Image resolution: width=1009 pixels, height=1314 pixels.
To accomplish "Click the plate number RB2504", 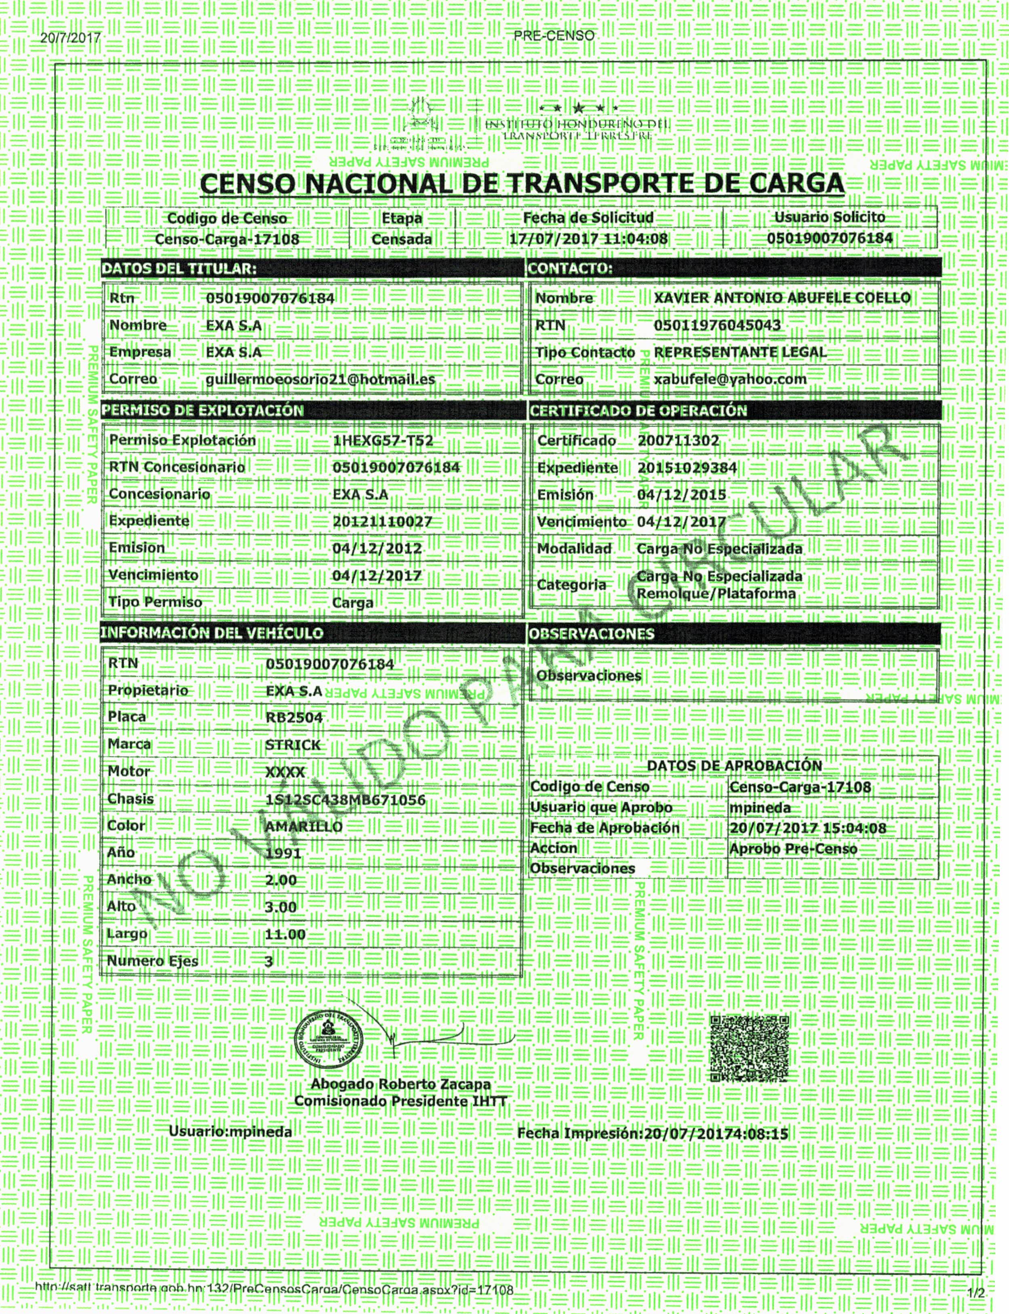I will point(294,717).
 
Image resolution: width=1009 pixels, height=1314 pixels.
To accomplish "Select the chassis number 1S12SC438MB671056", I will point(345,800).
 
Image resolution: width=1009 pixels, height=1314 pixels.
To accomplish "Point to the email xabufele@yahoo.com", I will point(730,379).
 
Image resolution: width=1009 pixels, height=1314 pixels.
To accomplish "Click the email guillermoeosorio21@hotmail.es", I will point(320,379).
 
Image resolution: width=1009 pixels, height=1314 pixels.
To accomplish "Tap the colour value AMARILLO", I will point(303,827).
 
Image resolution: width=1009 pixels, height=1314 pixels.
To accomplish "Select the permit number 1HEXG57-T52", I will point(383,440).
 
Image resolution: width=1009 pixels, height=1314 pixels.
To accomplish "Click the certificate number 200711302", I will point(678,440).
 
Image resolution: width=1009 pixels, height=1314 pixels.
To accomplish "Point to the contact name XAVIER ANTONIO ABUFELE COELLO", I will point(782,298).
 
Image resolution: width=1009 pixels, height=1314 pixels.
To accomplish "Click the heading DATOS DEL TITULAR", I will point(178,268).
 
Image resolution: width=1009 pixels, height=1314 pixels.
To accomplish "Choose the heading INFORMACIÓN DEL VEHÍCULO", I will point(211,633).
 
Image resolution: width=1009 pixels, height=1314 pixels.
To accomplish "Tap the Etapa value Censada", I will point(401,239).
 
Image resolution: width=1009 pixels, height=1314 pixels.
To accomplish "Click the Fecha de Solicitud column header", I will point(588,218).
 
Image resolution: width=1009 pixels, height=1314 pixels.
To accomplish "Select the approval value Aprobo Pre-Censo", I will point(793,849).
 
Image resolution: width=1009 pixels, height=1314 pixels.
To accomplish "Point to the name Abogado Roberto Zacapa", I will point(400,1084).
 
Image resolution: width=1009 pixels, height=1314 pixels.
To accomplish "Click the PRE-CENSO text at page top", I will point(554,36).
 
